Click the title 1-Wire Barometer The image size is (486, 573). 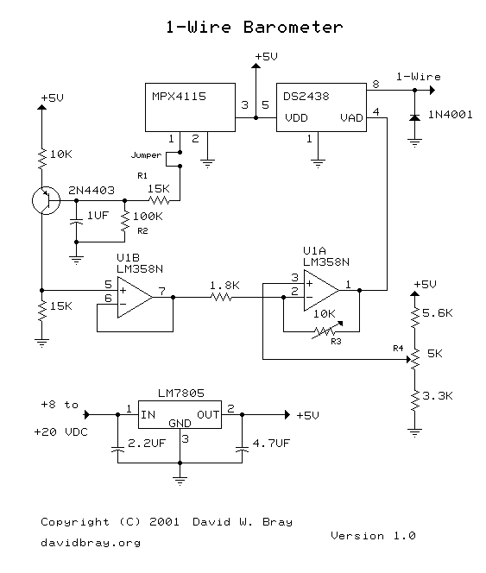[255, 27]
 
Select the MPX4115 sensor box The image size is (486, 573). [190, 108]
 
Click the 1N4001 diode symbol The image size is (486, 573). [415, 116]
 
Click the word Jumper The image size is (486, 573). [146, 156]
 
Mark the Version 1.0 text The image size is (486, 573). [373, 535]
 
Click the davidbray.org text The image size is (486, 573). [91, 543]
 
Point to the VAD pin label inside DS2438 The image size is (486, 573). [351, 118]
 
